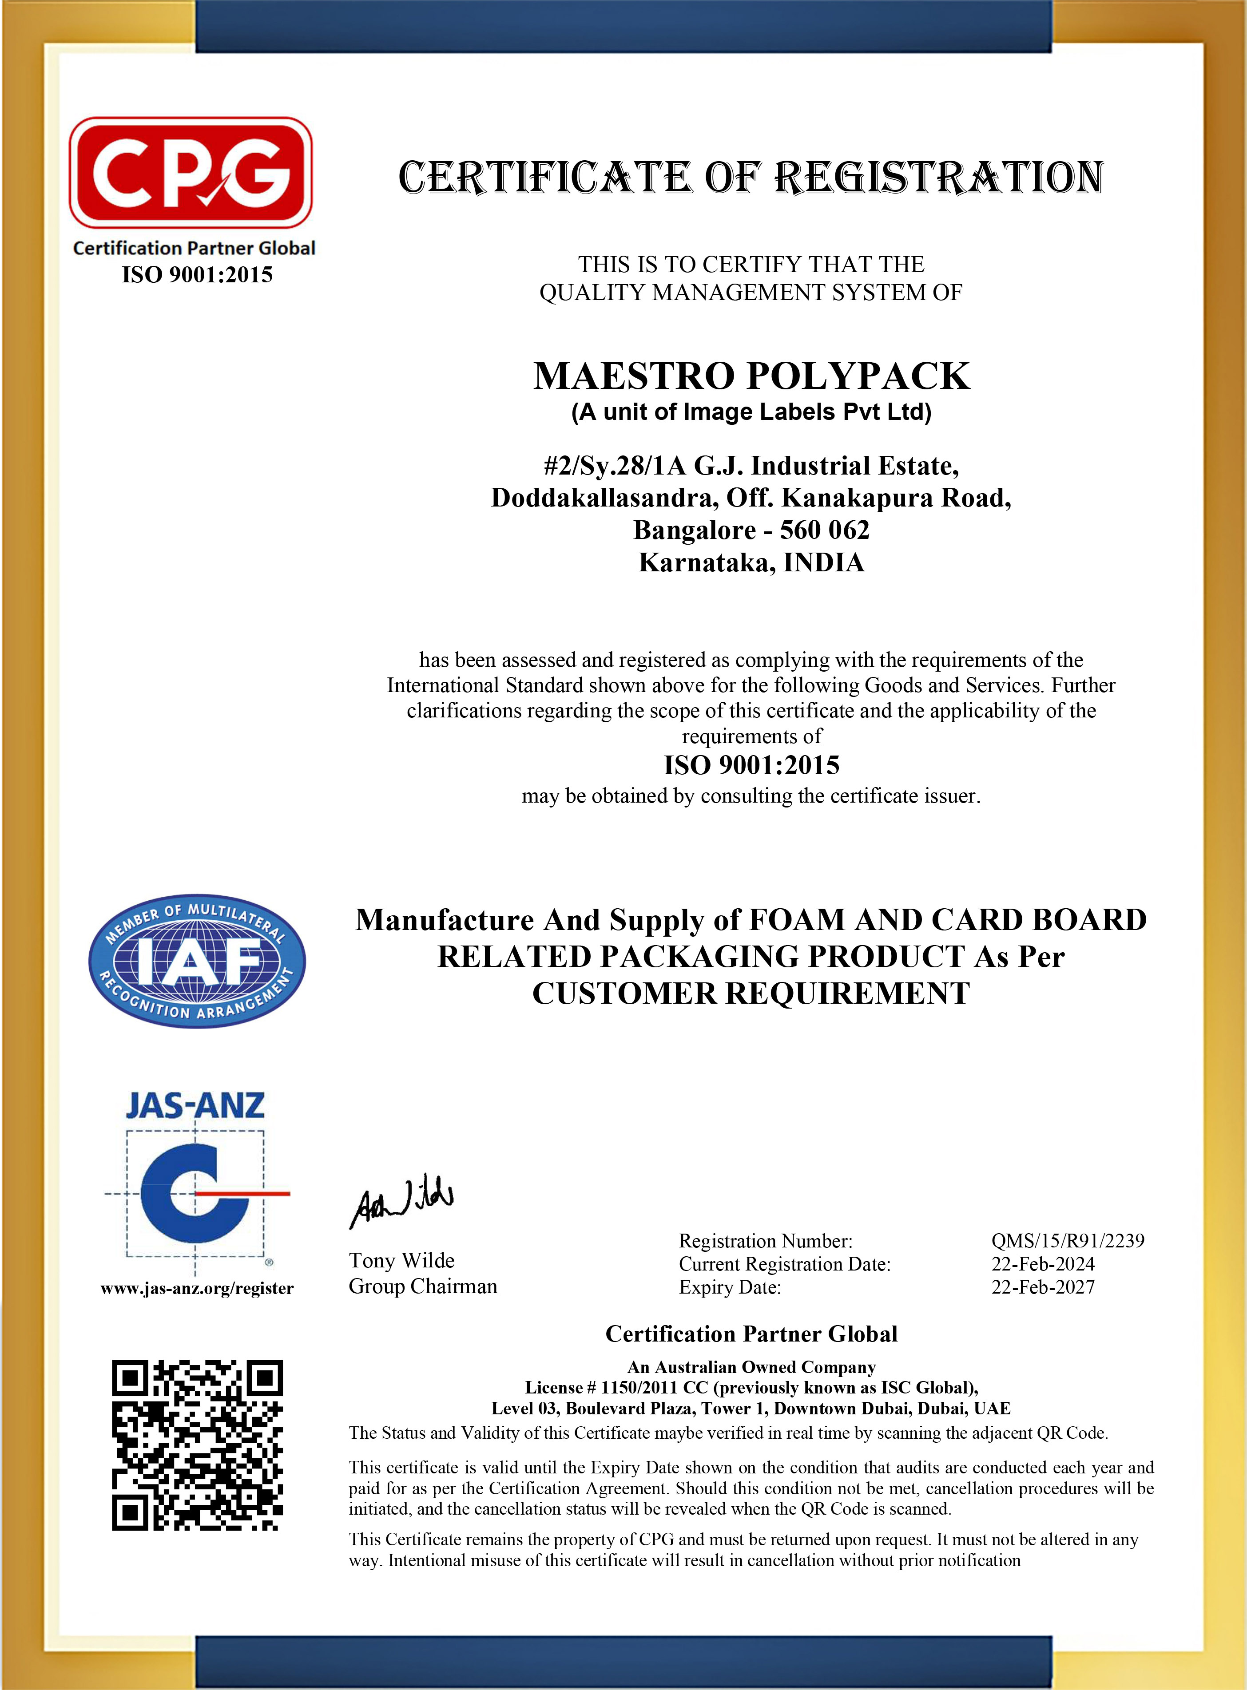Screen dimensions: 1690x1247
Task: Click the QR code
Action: tap(197, 1445)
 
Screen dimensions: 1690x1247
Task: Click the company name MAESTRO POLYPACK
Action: tap(751, 376)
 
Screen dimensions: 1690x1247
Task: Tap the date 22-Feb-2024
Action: tap(1042, 1264)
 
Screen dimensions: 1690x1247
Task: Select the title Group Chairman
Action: tap(423, 1286)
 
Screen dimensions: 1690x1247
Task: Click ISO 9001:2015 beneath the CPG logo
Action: tap(197, 275)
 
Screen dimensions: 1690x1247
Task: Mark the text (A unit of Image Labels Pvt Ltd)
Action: tap(751, 412)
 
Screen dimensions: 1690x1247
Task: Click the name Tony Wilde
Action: tap(401, 1261)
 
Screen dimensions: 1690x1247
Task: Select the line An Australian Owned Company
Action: tap(751, 1367)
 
